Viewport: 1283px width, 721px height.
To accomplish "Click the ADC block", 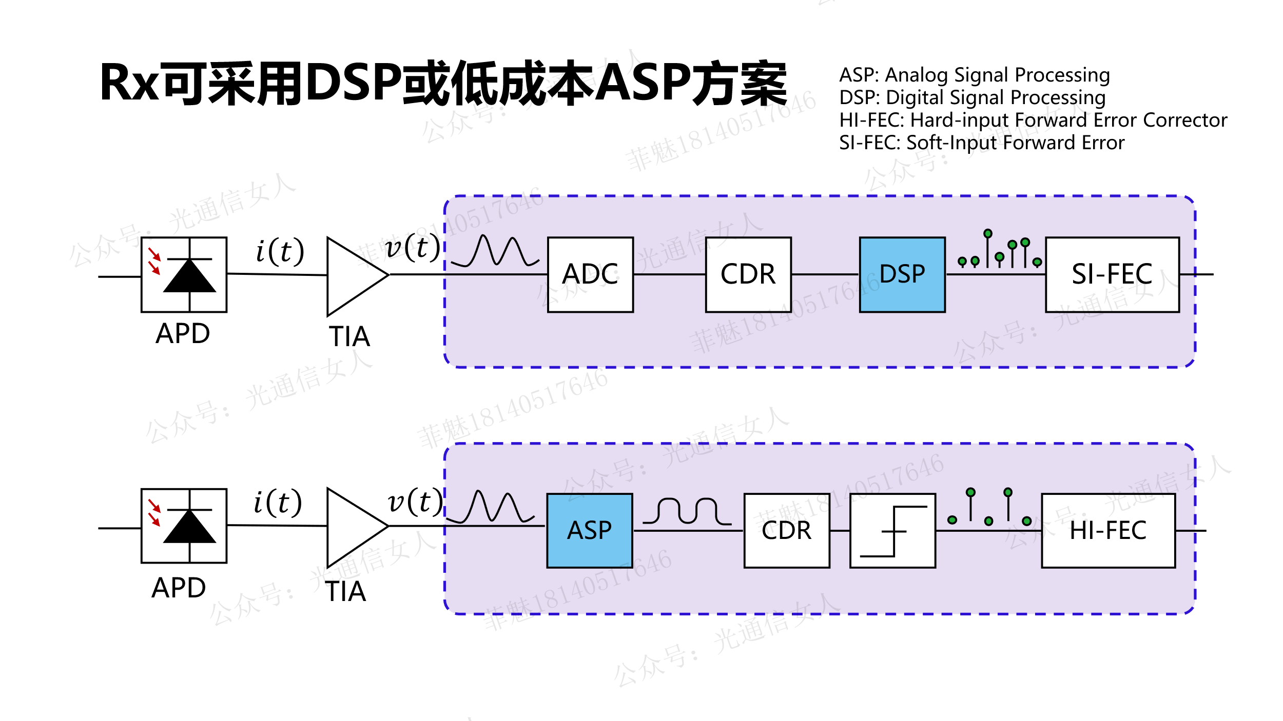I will point(590,274).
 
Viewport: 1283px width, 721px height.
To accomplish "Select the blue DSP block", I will point(902,274).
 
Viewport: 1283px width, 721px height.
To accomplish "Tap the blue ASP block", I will point(589,530).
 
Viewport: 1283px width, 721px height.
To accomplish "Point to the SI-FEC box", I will point(1112,274).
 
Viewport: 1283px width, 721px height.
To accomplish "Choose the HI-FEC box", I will point(1108,530).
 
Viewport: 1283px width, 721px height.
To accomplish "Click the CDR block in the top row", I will point(748,274).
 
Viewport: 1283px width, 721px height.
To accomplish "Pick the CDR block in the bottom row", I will point(787,530).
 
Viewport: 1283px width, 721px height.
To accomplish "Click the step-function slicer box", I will point(892,530).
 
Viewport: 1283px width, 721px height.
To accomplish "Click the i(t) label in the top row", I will point(280,251).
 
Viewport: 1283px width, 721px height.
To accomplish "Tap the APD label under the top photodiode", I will point(183,334).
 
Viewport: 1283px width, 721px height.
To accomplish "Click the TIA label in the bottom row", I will point(345,591).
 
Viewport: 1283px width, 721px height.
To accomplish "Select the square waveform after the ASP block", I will point(687,511).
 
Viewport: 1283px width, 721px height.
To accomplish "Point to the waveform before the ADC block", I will point(495,251).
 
